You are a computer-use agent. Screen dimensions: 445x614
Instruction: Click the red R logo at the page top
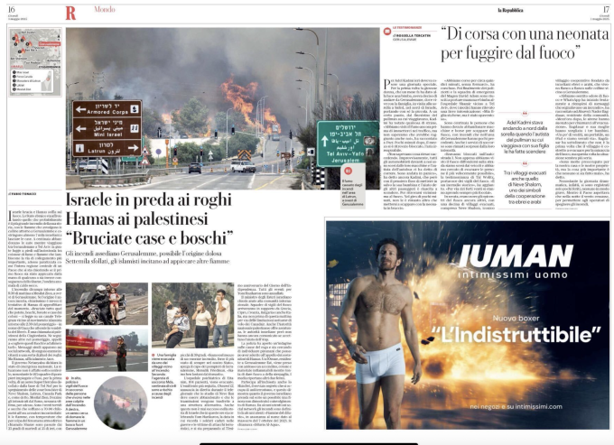pyautogui.click(x=70, y=12)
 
